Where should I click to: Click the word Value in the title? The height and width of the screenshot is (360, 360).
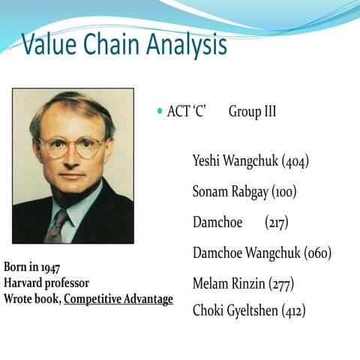(50, 46)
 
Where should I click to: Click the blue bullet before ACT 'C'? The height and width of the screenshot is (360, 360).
(159, 112)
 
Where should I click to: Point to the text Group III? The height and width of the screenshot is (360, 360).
(252, 112)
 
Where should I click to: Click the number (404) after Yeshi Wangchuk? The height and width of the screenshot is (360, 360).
(295, 160)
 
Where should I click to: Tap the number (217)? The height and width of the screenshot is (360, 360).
(277, 223)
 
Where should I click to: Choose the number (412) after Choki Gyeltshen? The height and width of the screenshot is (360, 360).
(293, 310)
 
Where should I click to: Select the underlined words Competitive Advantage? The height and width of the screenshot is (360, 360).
(118, 299)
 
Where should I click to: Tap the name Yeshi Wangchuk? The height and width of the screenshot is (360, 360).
(235, 160)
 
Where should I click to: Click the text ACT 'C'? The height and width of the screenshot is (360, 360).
(187, 112)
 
